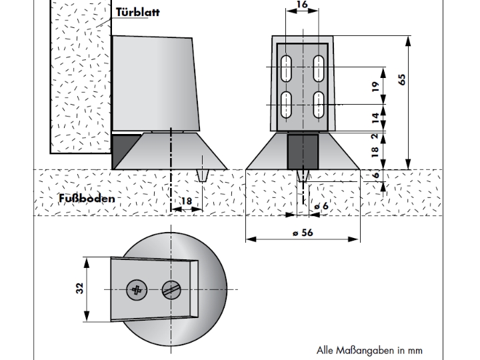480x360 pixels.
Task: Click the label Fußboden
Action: [x=86, y=198]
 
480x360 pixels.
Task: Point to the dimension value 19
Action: [x=375, y=87]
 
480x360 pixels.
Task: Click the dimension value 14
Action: [x=375, y=118]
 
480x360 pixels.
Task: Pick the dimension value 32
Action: [x=80, y=289]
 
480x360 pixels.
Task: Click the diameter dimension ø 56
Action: [x=303, y=233]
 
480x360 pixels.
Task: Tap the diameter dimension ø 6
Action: [x=321, y=207]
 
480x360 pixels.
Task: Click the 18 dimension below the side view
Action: [x=187, y=201]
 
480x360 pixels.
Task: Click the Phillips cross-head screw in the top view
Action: [x=136, y=289]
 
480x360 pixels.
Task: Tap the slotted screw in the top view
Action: [x=171, y=289]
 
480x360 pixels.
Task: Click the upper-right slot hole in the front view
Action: [x=319, y=68]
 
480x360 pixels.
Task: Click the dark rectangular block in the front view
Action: [x=303, y=151]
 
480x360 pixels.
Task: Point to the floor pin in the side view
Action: [x=204, y=175]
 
